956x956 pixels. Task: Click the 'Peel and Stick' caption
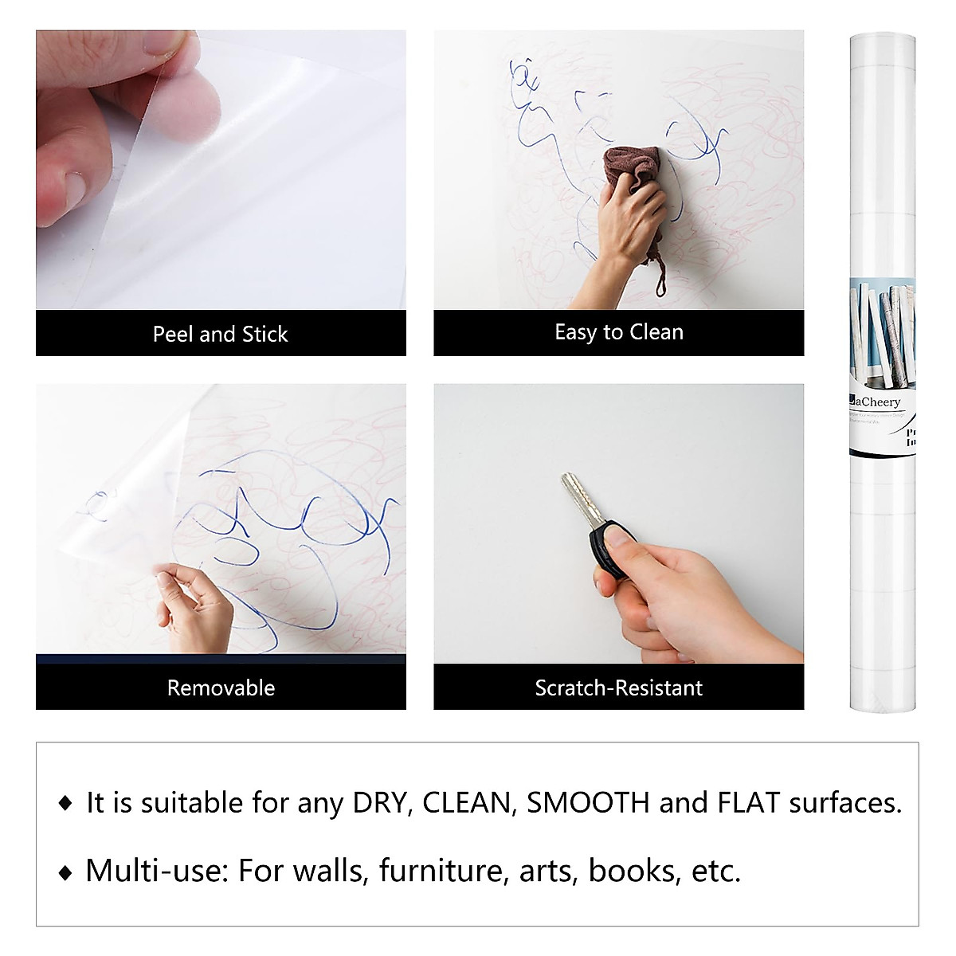click(221, 334)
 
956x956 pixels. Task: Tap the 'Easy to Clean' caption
click(619, 332)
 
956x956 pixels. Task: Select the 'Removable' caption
click(221, 688)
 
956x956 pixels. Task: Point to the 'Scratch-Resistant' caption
click(619, 688)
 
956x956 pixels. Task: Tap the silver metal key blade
click(574, 494)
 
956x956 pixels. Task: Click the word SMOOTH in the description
click(588, 803)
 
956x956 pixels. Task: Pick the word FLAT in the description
click(748, 803)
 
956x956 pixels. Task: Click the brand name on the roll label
click(875, 402)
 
